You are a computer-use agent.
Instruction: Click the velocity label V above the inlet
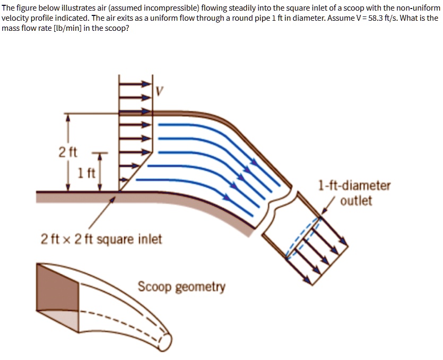159,91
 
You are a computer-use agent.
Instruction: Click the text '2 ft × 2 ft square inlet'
101,239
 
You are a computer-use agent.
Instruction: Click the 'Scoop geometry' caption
181,287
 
